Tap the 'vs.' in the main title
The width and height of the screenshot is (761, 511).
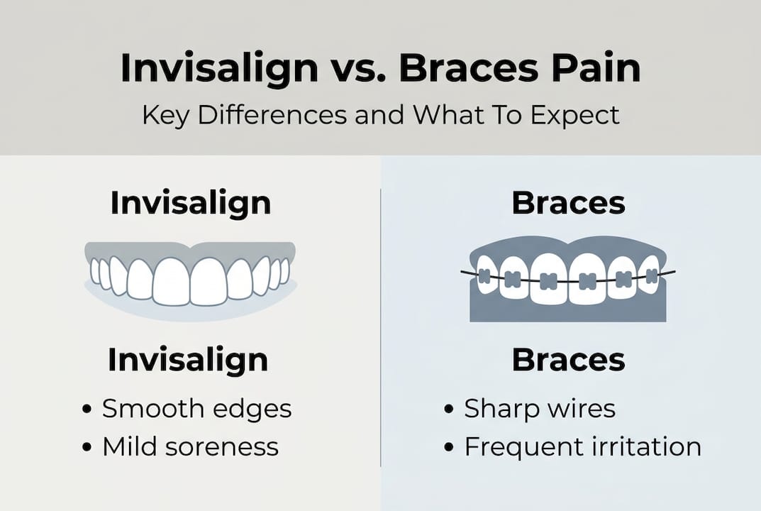click(x=359, y=70)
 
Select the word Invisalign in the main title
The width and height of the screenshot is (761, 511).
click(x=219, y=70)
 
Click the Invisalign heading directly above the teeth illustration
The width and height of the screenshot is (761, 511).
click(x=190, y=204)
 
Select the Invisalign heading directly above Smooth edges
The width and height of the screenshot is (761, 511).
click(x=188, y=361)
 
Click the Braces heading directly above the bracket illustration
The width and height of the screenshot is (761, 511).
click(x=568, y=204)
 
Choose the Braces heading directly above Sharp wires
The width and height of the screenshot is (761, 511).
click(x=568, y=361)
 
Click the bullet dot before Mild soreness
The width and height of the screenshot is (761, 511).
click(x=87, y=448)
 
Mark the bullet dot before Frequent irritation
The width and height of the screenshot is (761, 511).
click(x=449, y=448)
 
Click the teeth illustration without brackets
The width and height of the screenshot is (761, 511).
click(x=190, y=277)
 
